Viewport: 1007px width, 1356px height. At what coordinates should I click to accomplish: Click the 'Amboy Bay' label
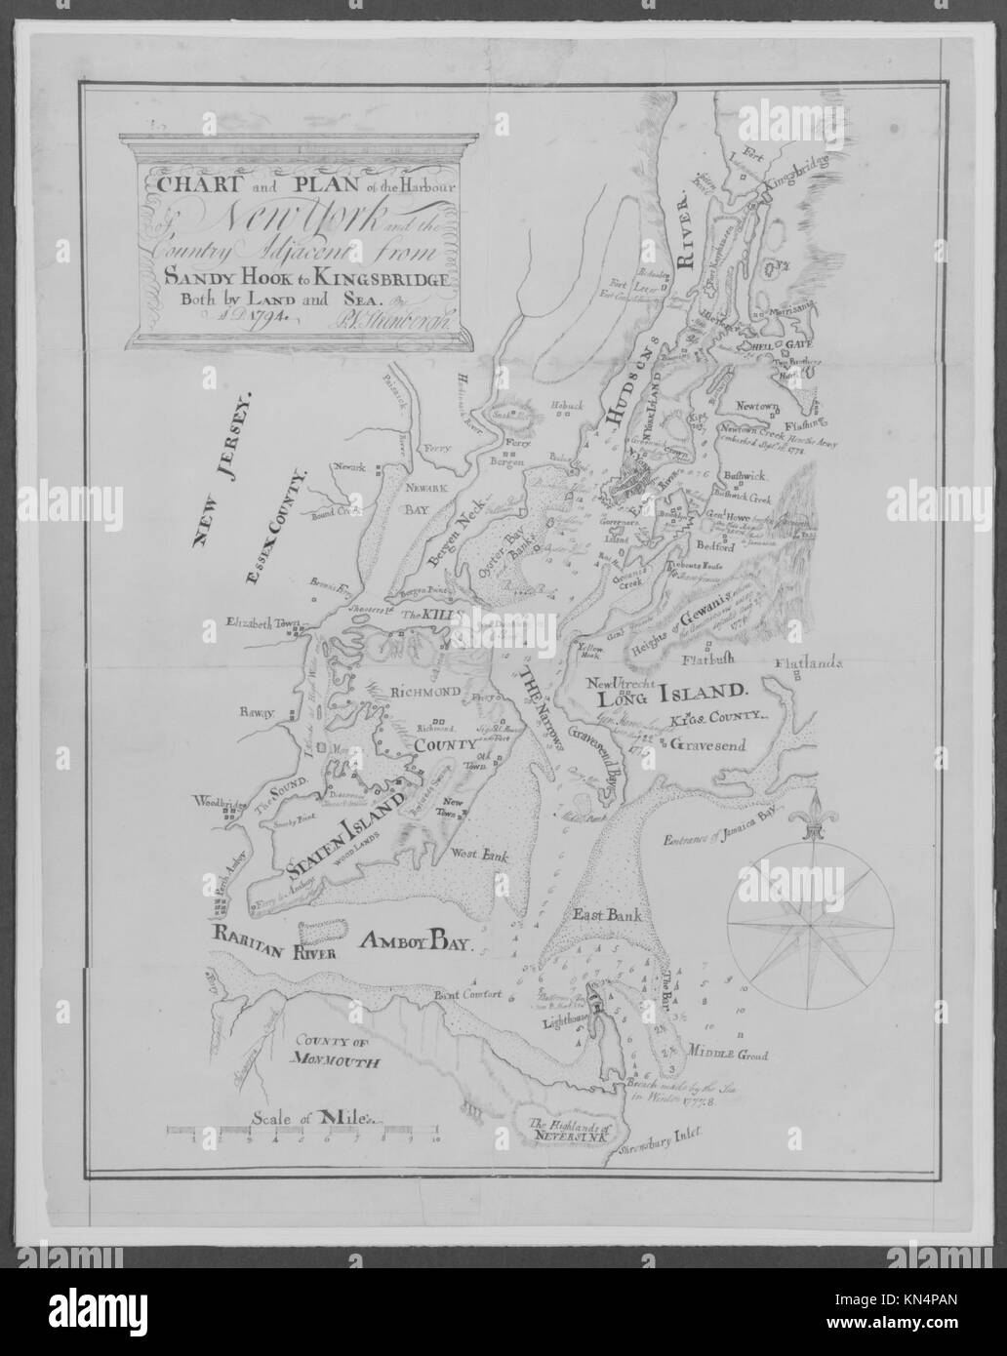416,942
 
